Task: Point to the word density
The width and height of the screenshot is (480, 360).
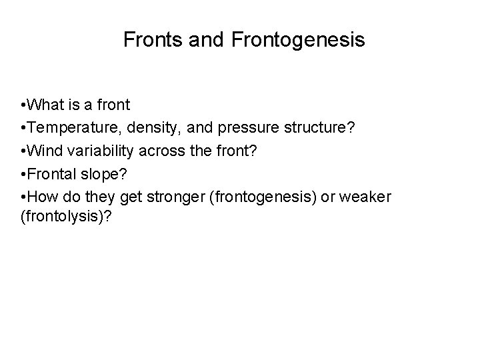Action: pos(146,127)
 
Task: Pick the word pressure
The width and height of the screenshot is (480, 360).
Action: pos(233,127)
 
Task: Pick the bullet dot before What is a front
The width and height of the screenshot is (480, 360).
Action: pos(24,105)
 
